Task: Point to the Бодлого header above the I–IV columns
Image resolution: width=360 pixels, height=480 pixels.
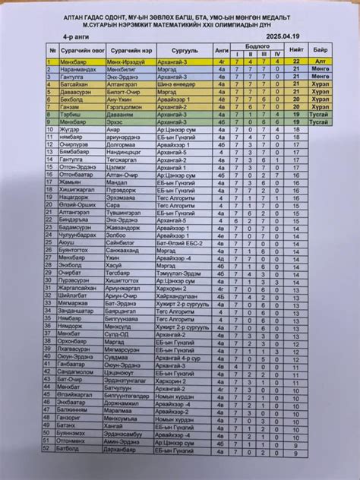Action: pos(257,45)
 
